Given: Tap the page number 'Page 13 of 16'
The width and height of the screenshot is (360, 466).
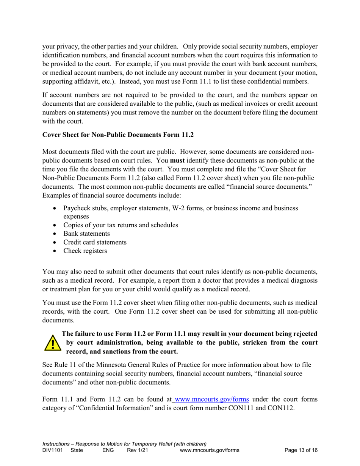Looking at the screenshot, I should (x=301, y=450).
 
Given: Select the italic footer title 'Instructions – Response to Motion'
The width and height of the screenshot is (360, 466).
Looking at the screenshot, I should (x=124, y=444).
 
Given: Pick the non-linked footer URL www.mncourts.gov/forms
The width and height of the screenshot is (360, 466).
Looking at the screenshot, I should (x=210, y=450).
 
